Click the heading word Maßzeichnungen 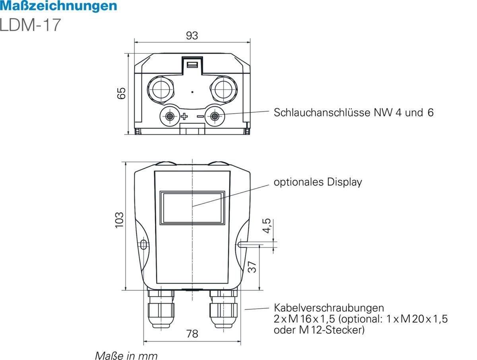coord(58,6)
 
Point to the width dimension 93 coord(192,36)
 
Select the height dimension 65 coord(122,93)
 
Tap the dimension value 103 coord(119,220)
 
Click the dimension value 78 coord(192,334)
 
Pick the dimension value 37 coord(252,267)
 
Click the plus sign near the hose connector coord(184,117)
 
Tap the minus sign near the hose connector coord(200,117)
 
